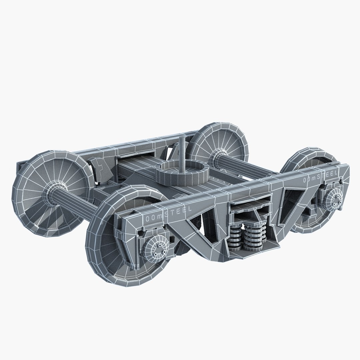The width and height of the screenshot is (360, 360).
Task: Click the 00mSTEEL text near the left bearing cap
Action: (168, 214)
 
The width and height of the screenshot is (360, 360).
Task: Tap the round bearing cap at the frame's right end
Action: (333, 199)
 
